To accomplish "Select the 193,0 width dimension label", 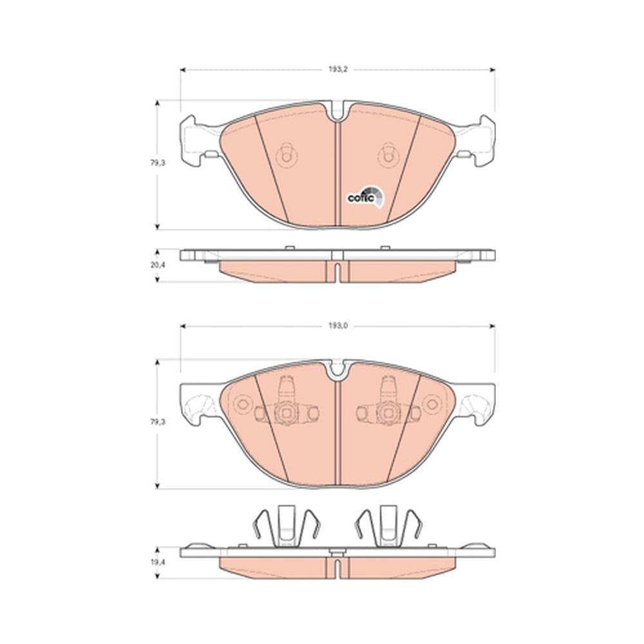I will coord(337,327).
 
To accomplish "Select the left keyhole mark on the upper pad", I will coord(285,154).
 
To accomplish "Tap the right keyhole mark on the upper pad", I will coord(387,154).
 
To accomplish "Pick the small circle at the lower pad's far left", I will coord(242,404).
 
